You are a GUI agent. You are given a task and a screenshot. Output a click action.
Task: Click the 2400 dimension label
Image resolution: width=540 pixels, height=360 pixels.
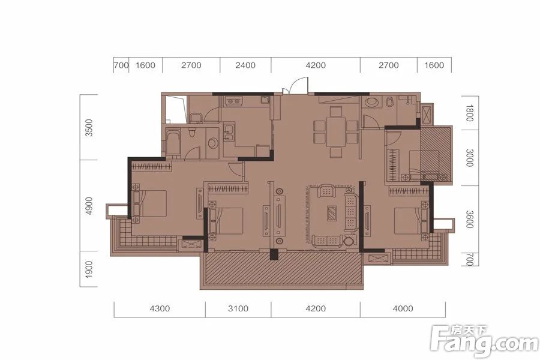[x=245, y=65]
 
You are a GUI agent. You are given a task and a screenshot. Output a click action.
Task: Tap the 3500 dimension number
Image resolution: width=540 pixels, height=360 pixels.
[x=89, y=127]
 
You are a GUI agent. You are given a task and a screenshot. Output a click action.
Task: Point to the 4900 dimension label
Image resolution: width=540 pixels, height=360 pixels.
[x=89, y=206]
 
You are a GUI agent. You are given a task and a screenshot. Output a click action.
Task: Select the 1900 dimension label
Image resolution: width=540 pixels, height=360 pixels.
[x=89, y=269]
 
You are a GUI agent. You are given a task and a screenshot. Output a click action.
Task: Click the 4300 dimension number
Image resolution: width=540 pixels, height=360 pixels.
[x=160, y=308]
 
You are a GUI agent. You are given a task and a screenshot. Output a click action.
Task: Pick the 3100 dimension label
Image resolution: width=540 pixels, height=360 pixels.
[x=238, y=308]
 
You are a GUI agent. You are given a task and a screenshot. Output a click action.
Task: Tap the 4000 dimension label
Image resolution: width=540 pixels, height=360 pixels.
[x=403, y=308]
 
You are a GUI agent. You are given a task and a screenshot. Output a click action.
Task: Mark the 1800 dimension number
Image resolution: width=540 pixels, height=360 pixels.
[x=469, y=113]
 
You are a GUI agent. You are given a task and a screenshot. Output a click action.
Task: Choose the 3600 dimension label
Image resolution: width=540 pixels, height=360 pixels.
[x=469, y=219]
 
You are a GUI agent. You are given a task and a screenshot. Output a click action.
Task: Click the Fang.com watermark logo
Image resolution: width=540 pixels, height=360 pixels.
[x=484, y=341]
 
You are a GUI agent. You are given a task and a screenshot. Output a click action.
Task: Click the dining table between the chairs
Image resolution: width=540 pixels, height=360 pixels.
[x=336, y=131]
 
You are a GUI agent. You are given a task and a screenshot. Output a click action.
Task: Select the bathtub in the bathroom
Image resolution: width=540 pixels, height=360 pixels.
[x=173, y=143]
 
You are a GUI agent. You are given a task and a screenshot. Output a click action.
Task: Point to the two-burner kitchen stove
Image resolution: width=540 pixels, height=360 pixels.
[x=234, y=101]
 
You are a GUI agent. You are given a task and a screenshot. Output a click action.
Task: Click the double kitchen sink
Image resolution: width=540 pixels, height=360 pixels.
[x=229, y=133]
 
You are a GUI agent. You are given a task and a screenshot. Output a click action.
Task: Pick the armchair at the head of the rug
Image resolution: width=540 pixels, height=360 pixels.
[x=326, y=191]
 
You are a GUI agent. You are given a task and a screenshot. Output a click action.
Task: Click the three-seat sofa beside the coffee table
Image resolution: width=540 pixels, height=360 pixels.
[x=350, y=212]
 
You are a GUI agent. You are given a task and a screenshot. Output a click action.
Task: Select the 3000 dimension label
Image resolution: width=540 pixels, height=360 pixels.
[x=469, y=158]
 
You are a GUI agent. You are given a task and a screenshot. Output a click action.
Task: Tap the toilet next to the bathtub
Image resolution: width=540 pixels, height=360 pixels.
[x=193, y=131]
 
